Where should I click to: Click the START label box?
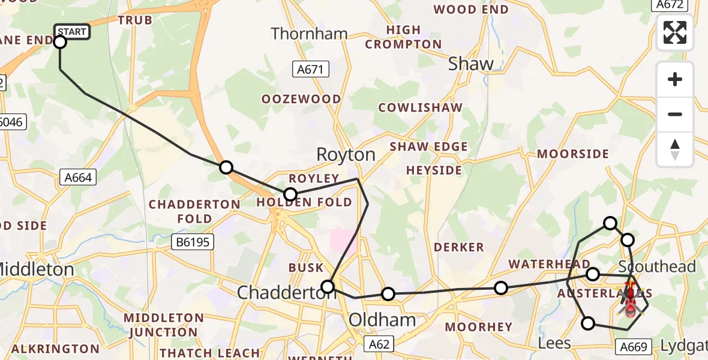point(73,31)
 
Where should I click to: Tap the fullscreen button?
point(675,32)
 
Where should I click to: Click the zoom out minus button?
point(675,114)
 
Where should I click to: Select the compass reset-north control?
point(675,149)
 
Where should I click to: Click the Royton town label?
point(346,155)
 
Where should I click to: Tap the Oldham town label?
point(383,319)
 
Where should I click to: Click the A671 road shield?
point(312,69)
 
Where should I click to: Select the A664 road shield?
point(79,177)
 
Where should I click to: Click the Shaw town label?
point(471,64)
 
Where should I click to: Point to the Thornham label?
point(309,34)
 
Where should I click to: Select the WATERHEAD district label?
point(541,265)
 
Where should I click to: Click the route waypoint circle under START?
point(60,42)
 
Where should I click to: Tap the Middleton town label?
point(36,270)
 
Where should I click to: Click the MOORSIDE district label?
point(572,154)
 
